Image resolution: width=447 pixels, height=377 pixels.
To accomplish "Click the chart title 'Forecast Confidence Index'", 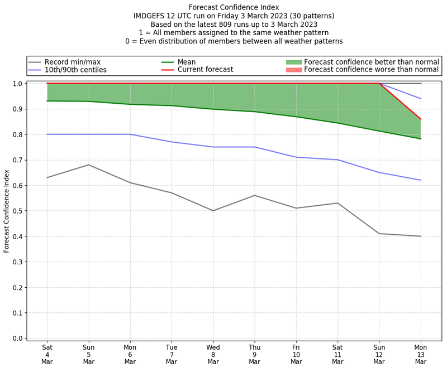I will tap(234, 7).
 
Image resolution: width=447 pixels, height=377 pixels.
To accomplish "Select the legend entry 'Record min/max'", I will tap(73, 62).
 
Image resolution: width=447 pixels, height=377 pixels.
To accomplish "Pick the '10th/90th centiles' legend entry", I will tap(75, 70).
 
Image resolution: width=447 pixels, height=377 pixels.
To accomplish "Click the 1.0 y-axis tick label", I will tap(18, 84).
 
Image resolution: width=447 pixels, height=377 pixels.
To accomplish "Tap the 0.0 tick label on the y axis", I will tap(18, 339).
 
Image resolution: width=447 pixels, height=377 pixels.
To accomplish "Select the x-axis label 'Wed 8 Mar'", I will tap(213, 354).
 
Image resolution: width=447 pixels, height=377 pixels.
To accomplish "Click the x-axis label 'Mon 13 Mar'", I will tap(420, 354).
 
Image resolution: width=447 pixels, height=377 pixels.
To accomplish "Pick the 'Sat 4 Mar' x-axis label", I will tap(47, 354).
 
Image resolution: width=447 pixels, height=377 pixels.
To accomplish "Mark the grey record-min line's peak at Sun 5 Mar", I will tap(88, 165).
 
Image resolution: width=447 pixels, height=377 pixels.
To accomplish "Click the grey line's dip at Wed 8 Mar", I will tap(213, 211).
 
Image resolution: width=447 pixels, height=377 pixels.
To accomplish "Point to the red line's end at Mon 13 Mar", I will tap(420, 119).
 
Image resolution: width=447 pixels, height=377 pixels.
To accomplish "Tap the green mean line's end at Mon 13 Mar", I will tap(420, 138).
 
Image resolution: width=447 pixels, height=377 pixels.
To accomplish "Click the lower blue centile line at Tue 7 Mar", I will tap(172, 142).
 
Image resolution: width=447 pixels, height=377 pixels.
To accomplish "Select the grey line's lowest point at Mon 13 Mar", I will tap(420, 236).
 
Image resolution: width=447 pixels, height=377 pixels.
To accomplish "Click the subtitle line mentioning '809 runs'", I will tap(234, 25).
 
